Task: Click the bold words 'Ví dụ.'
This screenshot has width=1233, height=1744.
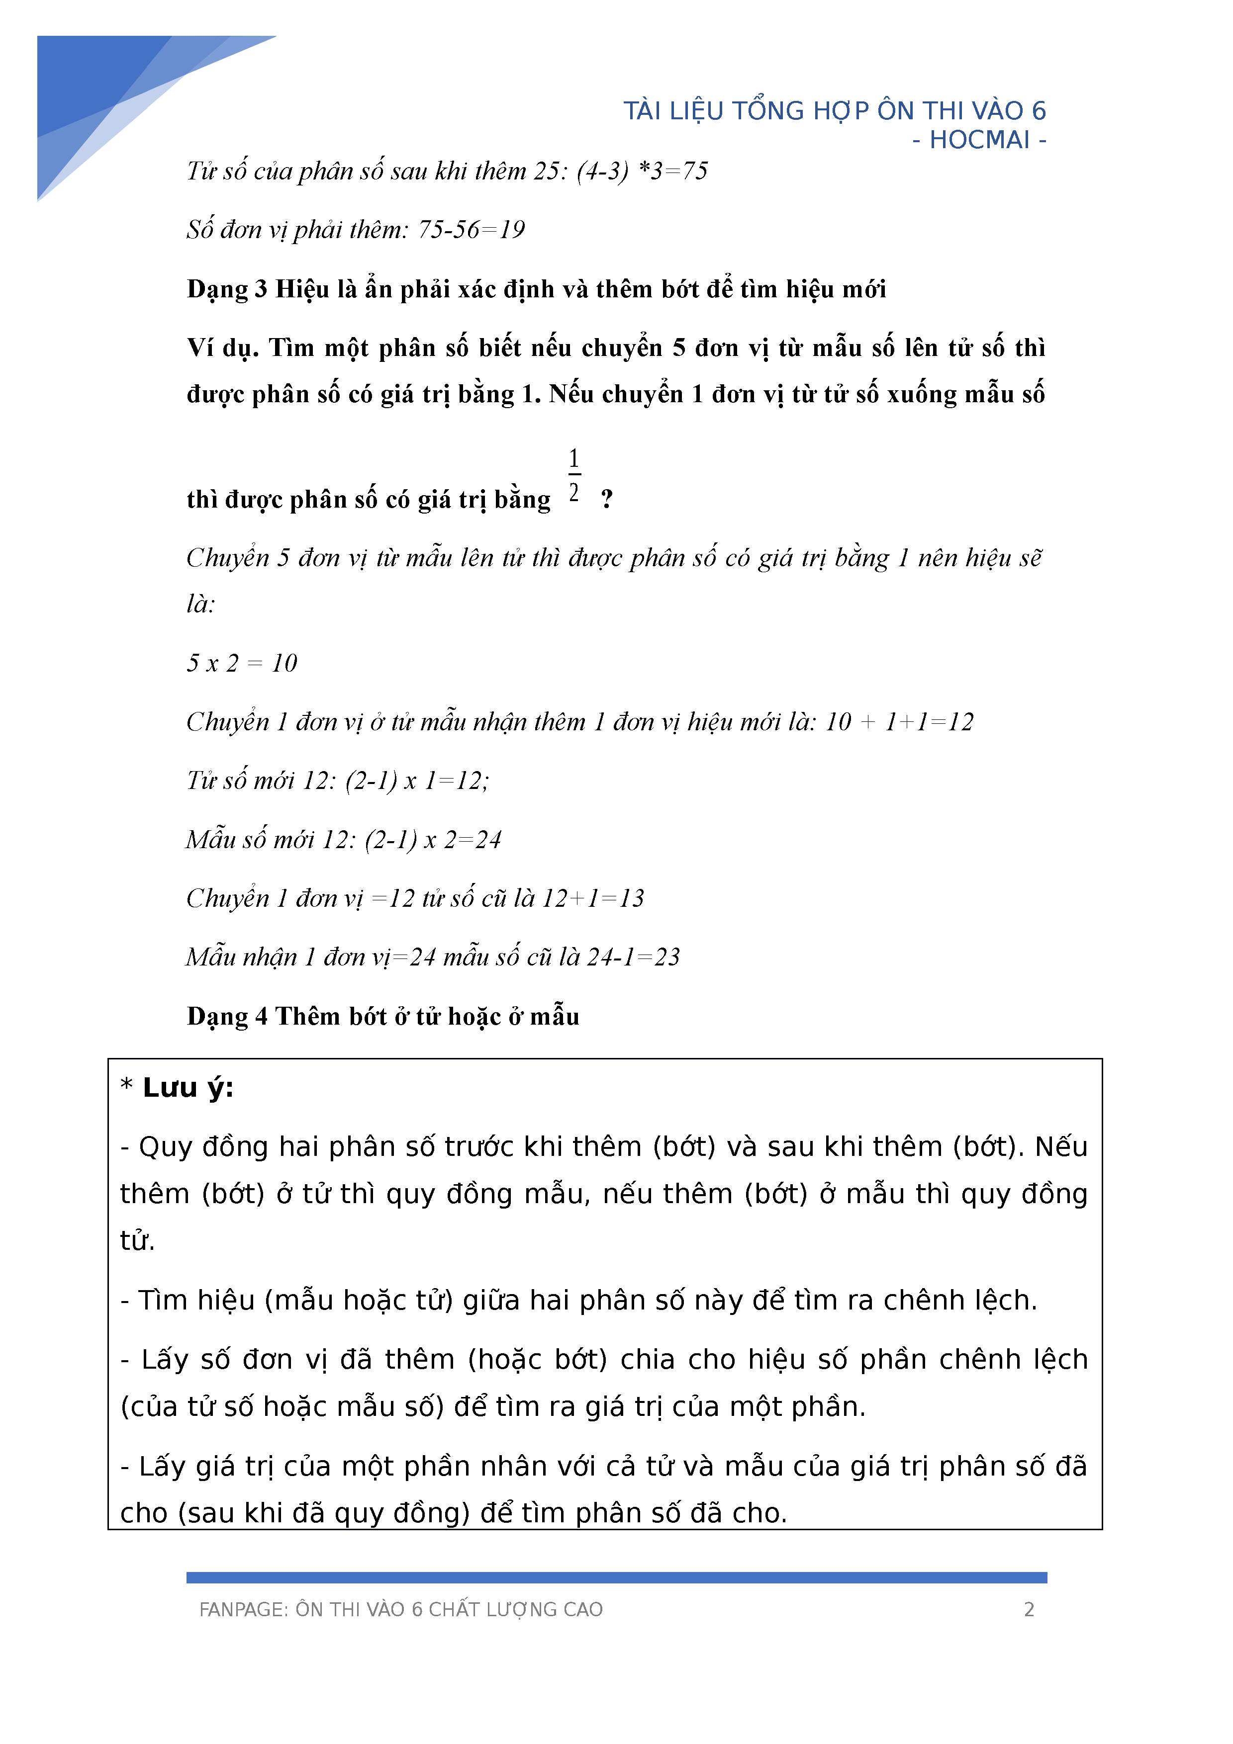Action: pos(223,348)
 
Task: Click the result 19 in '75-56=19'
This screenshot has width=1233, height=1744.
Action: pos(511,229)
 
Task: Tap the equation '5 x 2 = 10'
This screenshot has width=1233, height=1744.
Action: pos(242,663)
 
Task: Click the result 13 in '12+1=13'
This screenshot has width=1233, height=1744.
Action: pos(631,898)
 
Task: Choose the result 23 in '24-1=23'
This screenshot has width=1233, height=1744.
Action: pos(666,957)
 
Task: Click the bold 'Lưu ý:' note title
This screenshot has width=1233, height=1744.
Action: pos(188,1088)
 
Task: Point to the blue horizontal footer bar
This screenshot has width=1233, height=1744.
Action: pos(616,1577)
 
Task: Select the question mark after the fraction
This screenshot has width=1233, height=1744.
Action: pos(606,499)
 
